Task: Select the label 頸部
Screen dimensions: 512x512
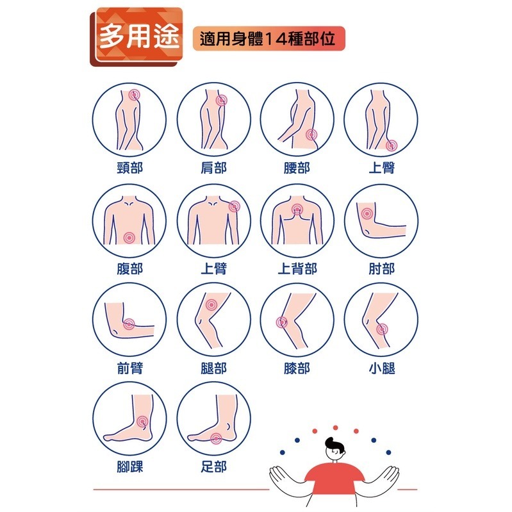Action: click(129, 168)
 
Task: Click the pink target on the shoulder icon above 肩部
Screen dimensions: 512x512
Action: click(222, 100)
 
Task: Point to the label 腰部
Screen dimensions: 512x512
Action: click(297, 168)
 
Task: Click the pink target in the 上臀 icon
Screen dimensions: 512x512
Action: click(391, 145)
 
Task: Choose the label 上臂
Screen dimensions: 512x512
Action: click(213, 268)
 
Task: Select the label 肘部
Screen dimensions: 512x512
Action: click(381, 268)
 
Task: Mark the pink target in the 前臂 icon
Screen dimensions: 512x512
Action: click(129, 324)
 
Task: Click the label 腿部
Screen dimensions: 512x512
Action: click(213, 368)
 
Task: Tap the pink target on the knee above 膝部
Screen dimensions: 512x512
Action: click(281, 323)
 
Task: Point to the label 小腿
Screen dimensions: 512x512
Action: click(381, 368)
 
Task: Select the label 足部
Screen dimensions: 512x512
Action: click(213, 467)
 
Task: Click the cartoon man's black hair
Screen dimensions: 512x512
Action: click(334, 444)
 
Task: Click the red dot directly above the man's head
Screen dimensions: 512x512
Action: click(334, 427)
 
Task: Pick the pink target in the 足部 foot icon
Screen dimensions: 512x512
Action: click(217, 439)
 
